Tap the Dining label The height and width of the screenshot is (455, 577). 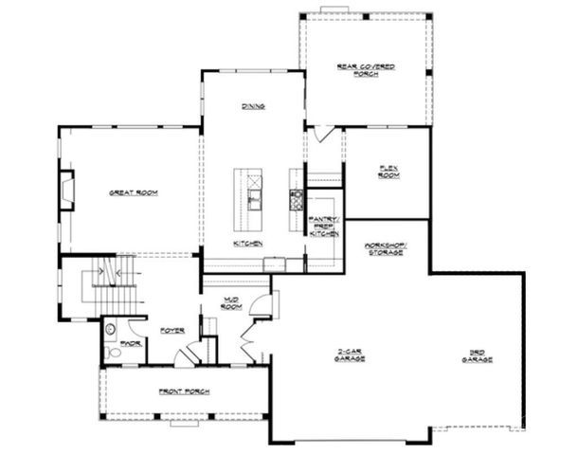[252, 106]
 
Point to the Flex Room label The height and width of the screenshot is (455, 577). [387, 173]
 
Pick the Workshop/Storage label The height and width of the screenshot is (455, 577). [386, 250]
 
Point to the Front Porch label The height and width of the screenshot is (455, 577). [185, 391]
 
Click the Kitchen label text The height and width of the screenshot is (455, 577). [248, 244]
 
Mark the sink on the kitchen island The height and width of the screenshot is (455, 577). [253, 198]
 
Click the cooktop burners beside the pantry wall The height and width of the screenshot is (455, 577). [296, 198]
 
